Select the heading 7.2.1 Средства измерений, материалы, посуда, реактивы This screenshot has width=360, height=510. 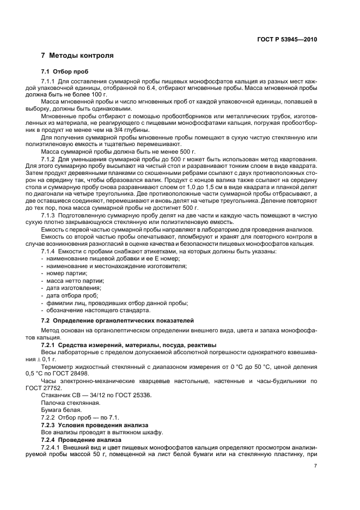click(129, 345)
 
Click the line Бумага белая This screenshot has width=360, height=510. click(62, 409)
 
